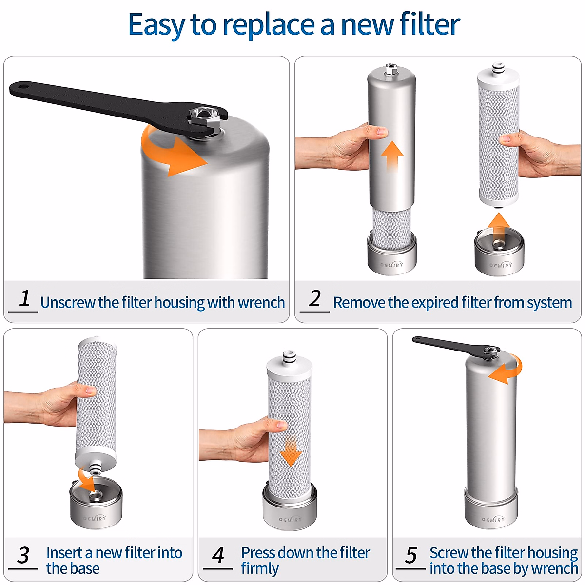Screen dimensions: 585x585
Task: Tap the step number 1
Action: (x=24, y=298)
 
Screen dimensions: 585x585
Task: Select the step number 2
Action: (x=315, y=298)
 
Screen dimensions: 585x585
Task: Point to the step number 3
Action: (x=23, y=555)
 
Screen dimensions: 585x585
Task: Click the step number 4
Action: (x=218, y=555)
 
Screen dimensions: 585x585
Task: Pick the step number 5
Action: (x=411, y=555)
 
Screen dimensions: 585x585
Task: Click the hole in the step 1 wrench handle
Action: (x=22, y=88)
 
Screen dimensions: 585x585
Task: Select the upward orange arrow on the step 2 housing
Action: (x=392, y=155)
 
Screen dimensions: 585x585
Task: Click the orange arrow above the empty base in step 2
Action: (x=498, y=226)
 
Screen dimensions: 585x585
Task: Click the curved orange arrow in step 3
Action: (x=88, y=480)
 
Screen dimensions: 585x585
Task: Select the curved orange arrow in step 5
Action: (x=507, y=370)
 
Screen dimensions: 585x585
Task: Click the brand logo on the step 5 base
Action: (x=493, y=520)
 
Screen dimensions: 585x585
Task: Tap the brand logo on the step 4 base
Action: (x=290, y=520)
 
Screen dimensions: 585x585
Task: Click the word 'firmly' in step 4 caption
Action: (x=260, y=569)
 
